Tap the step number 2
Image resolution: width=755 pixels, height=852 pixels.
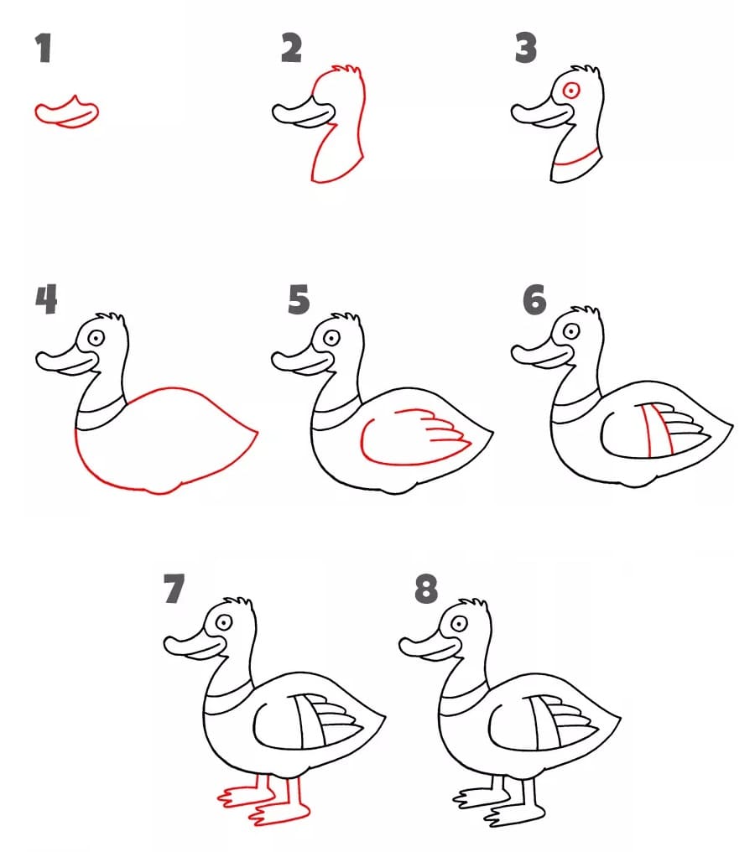coord(291,49)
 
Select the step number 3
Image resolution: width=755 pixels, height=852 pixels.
coord(526,49)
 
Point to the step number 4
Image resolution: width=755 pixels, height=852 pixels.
coord(45,299)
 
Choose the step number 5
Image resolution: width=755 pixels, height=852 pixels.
coord(298,299)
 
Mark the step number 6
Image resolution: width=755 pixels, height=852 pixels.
coord(534,299)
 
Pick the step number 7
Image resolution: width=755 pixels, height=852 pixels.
coord(174,590)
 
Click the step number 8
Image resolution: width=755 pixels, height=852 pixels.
coord(426,590)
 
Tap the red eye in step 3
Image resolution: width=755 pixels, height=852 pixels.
coord(571,91)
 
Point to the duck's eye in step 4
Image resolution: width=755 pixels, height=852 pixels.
coord(96,338)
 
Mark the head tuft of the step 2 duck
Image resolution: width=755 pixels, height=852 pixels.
coord(349,71)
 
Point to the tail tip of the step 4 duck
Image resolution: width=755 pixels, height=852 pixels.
coord(255,434)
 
